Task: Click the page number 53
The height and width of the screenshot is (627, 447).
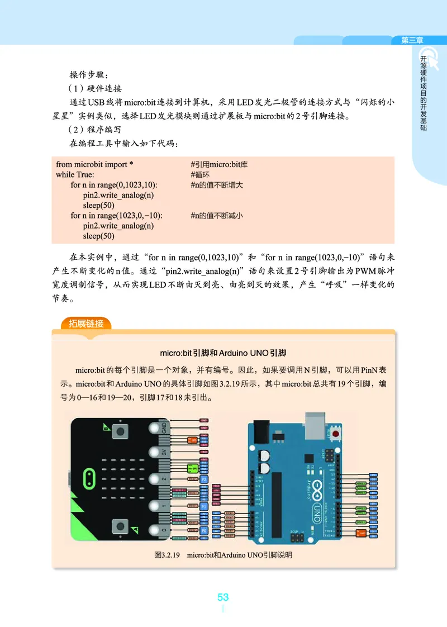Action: click(223, 597)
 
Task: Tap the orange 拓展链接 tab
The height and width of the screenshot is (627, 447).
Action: click(82, 323)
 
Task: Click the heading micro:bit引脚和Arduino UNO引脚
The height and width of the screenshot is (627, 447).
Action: click(223, 353)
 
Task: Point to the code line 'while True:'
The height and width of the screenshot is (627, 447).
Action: click(75, 174)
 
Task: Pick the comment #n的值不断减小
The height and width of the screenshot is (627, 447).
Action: click(217, 216)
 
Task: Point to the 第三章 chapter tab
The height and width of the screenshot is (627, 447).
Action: click(412, 40)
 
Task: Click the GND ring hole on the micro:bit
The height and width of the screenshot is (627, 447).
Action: click(155, 429)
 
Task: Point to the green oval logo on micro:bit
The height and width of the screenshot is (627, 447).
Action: click(88, 478)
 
